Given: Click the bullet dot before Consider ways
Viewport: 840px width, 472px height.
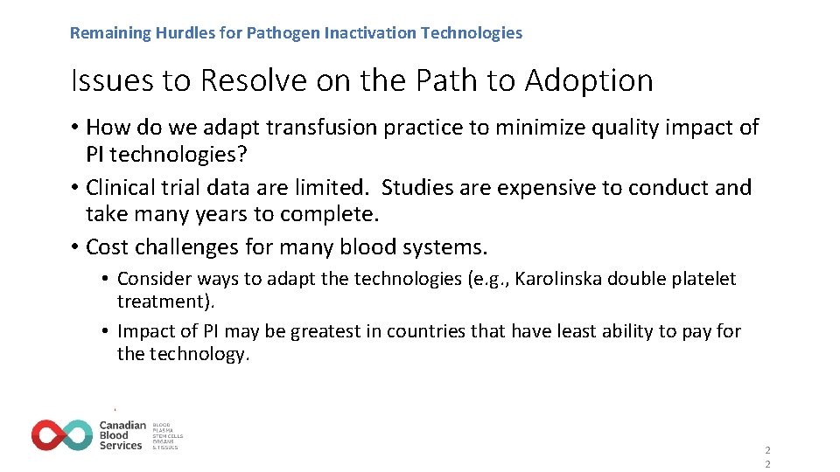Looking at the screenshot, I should coord(105,279).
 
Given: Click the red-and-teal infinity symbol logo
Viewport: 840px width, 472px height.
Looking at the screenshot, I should coord(62,435).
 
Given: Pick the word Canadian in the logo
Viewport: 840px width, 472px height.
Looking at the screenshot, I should coord(122,426).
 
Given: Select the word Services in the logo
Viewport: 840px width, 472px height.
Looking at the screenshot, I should coord(121,446).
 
